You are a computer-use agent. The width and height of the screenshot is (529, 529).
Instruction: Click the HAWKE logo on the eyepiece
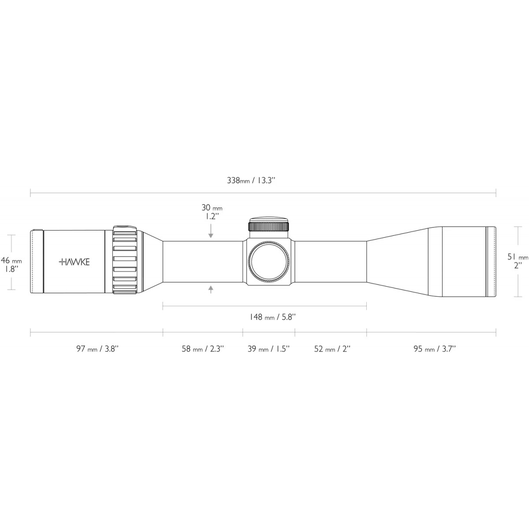(74, 262)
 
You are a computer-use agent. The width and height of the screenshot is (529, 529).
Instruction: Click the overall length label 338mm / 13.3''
(251, 180)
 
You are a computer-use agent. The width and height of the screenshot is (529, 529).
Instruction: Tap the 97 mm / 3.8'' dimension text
(98, 349)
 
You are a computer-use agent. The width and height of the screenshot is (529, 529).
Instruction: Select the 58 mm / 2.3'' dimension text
(203, 349)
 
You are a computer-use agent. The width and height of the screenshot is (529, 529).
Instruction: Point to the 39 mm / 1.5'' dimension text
(269, 349)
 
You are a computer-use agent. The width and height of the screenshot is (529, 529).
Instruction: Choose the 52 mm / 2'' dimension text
(332, 349)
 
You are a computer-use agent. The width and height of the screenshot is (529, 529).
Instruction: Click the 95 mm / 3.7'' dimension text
(435, 349)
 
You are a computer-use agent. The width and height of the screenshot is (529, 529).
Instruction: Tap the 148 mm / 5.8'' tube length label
(272, 317)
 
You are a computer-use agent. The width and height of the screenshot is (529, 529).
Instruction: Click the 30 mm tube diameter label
(212, 208)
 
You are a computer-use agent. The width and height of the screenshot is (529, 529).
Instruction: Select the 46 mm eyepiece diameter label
(11, 260)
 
